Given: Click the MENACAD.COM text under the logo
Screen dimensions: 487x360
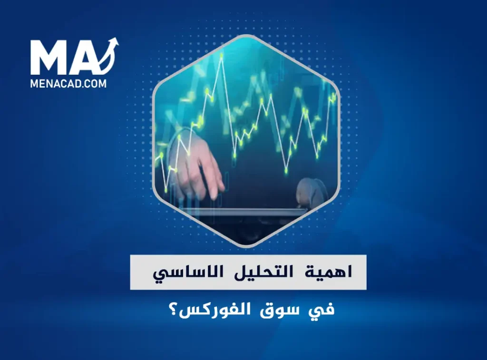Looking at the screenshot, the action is coord(68,84).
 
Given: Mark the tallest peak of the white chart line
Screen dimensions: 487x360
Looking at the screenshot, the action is coord(222,55).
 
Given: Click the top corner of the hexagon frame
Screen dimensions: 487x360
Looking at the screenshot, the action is coord(246,35).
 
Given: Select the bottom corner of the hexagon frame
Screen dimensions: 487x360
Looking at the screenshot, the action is coord(246,247).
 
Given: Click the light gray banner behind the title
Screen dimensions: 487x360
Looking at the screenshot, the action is coord(248,272).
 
